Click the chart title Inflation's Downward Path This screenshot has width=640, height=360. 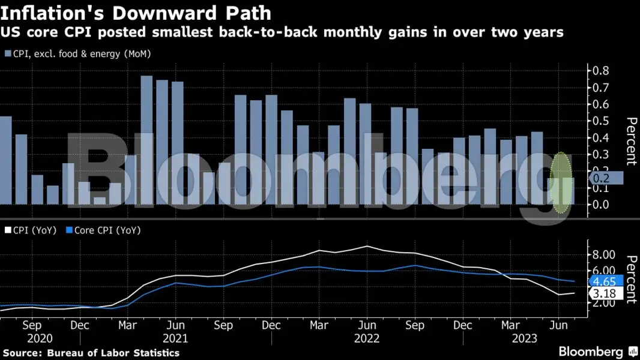(x=136, y=13)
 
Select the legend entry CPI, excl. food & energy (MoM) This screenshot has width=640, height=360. (x=77, y=54)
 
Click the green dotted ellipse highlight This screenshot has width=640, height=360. (x=561, y=183)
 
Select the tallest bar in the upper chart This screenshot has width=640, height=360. (x=146, y=140)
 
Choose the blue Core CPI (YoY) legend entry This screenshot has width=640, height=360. (x=103, y=230)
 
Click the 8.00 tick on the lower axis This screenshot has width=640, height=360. (x=605, y=254)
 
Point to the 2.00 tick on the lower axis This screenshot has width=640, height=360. (x=605, y=302)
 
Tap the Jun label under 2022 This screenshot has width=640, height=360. (x=367, y=325)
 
